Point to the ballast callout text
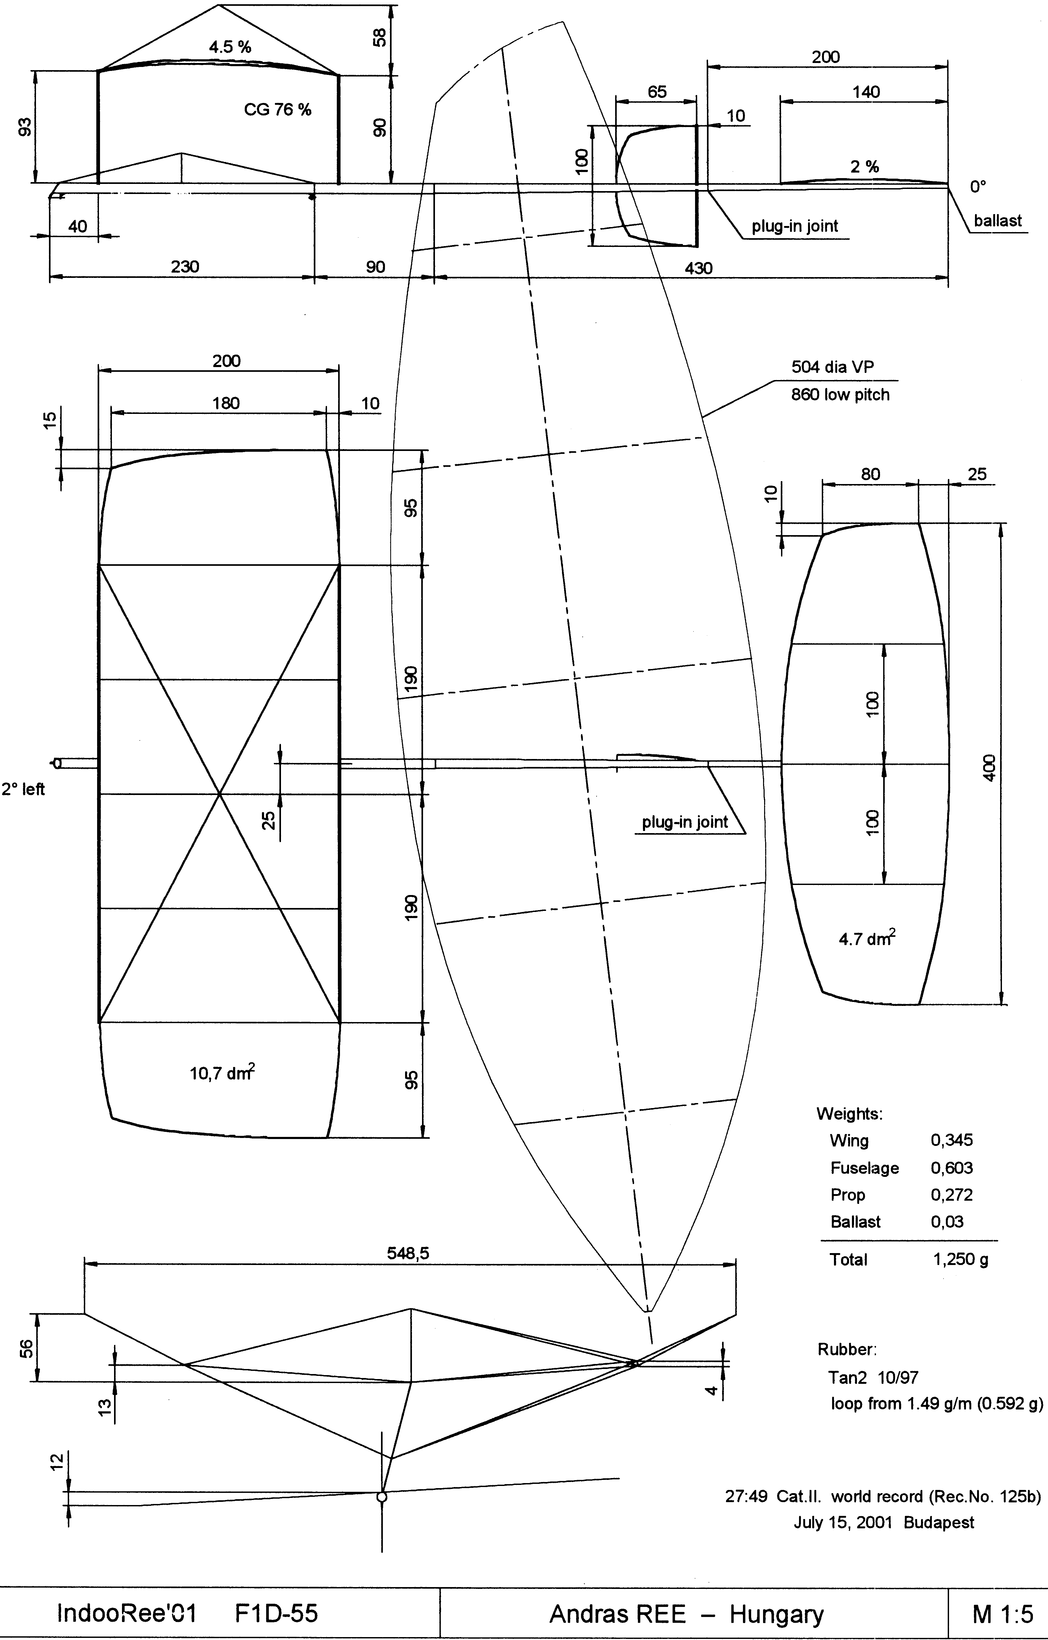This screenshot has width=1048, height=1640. (x=998, y=221)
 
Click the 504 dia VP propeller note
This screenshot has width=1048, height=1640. (x=832, y=367)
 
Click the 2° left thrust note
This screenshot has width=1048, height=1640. (x=23, y=789)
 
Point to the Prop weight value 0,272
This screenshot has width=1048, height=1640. (x=951, y=1195)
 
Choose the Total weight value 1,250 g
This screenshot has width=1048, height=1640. (x=960, y=1260)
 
